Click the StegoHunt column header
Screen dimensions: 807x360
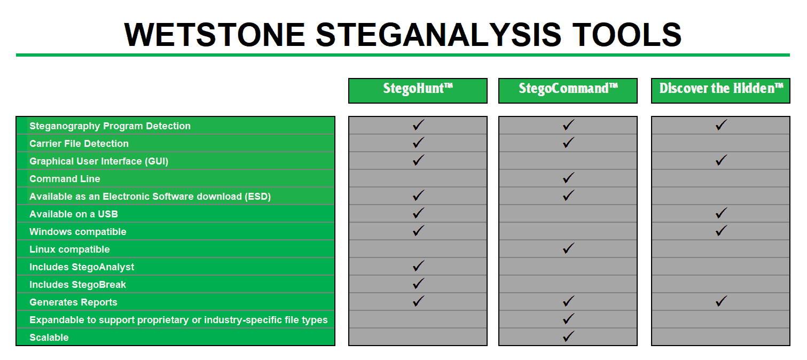point(418,90)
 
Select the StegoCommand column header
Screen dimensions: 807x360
point(568,90)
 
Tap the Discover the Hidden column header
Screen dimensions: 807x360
point(720,90)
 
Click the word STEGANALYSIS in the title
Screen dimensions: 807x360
point(438,35)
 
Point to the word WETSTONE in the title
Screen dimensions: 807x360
point(215,35)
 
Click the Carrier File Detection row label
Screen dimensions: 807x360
point(79,144)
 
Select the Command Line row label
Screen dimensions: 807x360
point(65,179)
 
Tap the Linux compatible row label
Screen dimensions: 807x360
point(69,249)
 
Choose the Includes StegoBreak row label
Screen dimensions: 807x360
point(78,285)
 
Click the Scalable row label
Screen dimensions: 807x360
point(49,338)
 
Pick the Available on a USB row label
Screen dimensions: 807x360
point(74,214)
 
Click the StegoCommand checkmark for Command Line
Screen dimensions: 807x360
point(568,178)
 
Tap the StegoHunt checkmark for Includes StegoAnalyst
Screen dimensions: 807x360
point(418,266)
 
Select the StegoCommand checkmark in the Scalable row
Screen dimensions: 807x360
point(568,336)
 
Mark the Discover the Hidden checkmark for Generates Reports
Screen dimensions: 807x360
point(721,301)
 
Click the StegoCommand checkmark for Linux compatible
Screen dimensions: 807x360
point(568,248)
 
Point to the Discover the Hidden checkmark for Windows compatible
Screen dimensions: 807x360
point(721,231)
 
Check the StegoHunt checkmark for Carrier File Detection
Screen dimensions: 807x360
point(418,142)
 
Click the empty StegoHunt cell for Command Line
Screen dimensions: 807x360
point(418,178)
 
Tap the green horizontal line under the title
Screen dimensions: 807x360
point(403,55)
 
